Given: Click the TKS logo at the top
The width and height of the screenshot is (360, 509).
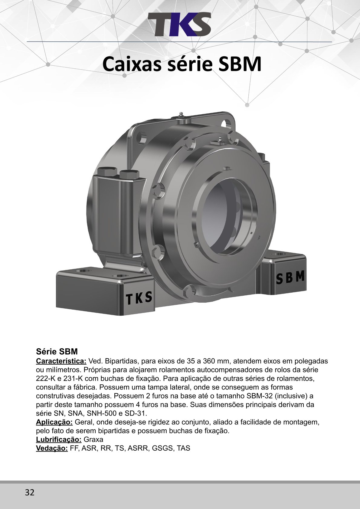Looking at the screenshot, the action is [x=179, y=24].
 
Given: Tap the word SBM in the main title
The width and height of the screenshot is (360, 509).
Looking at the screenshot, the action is [x=239, y=64].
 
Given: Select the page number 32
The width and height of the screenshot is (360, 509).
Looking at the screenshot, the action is [x=30, y=491].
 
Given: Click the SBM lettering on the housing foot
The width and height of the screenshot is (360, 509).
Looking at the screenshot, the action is [x=290, y=278].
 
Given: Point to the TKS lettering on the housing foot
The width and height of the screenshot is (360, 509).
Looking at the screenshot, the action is [x=139, y=298].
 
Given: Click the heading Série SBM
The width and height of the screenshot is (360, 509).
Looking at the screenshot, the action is [x=57, y=352].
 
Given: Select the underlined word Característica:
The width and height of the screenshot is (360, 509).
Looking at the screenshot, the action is [x=61, y=361].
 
